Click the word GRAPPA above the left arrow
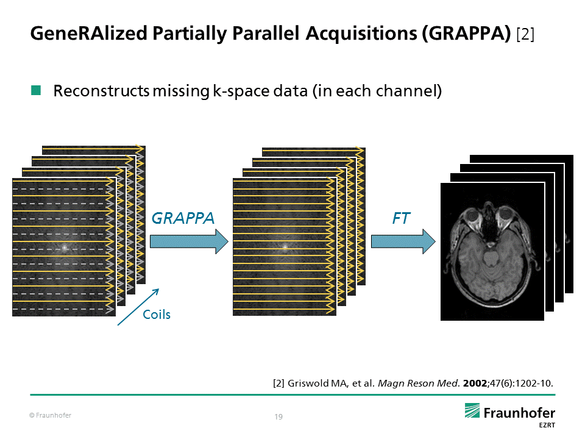(x=183, y=218)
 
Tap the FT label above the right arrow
(x=401, y=218)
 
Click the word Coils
(x=157, y=315)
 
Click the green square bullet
(x=36, y=91)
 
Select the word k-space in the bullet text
(x=238, y=91)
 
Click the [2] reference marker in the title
(x=525, y=34)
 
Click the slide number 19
(x=279, y=417)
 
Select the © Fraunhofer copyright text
(x=51, y=416)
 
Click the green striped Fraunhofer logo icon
(x=473, y=412)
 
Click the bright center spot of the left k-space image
(x=63, y=248)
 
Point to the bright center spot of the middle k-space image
(x=284, y=247)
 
